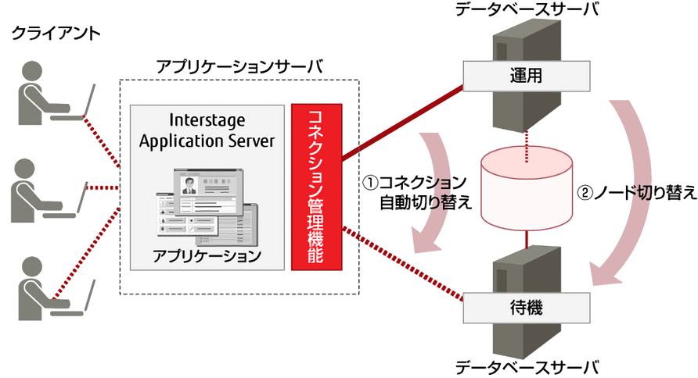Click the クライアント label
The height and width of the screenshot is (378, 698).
pos(56,34)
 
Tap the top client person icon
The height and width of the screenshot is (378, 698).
pos(44,92)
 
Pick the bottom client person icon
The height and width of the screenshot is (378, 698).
pos(44,288)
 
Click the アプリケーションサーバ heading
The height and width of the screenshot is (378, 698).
pos(239,66)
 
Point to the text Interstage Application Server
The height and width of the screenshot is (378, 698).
pos(207,130)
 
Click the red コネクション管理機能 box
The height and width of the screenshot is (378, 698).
pos(316,187)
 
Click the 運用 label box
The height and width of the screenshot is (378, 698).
pos(527,76)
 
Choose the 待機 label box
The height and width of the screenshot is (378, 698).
pos(527,308)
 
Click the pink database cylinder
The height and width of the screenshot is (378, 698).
pos(527,188)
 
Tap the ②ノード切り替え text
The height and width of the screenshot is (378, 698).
pos(636,193)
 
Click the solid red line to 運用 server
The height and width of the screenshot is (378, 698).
pos(403,123)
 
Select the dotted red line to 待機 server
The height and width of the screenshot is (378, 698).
pos(403,264)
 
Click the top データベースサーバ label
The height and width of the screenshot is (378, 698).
pos(527,9)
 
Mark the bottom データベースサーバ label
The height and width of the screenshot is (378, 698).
pos(527,368)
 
